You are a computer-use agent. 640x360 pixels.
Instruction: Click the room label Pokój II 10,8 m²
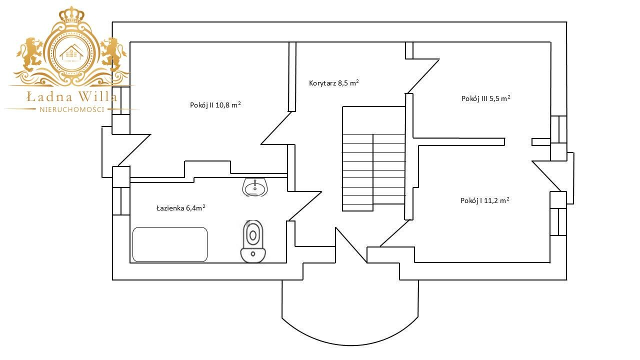click(x=215, y=105)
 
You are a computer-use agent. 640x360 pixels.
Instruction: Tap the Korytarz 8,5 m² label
click(x=333, y=83)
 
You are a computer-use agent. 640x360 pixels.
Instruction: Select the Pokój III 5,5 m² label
click(x=486, y=98)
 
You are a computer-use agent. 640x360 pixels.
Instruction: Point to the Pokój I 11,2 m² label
click(x=485, y=200)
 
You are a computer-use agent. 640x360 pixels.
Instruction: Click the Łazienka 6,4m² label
click(x=181, y=207)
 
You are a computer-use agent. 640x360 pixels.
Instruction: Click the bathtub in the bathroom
click(x=170, y=244)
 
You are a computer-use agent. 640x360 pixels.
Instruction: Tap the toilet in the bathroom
click(x=253, y=241)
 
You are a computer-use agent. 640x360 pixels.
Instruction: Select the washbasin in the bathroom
click(x=255, y=187)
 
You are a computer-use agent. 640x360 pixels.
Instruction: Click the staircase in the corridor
click(x=373, y=159)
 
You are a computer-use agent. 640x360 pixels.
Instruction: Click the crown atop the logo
click(x=71, y=15)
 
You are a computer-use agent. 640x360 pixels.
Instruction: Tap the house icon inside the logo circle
click(x=71, y=52)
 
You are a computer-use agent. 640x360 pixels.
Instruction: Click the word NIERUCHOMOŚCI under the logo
click(x=71, y=109)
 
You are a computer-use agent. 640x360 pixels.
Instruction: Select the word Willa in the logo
click(x=97, y=96)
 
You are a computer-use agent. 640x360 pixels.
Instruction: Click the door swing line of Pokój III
click(x=423, y=76)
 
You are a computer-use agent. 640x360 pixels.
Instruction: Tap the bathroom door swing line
click(x=305, y=206)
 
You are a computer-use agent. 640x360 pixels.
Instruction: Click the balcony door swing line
click(x=351, y=245)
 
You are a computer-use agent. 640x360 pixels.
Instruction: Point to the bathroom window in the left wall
click(x=121, y=201)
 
